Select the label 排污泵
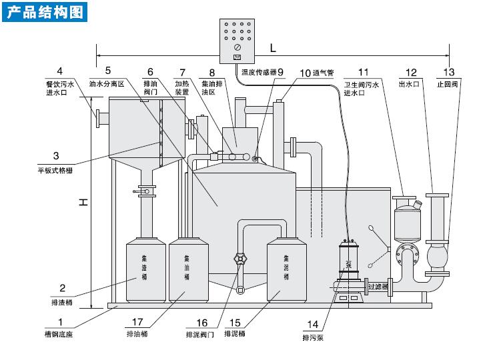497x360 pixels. pyautogui.click(x=313, y=337)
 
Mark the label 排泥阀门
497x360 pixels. pyautogui.click(x=199, y=333)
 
